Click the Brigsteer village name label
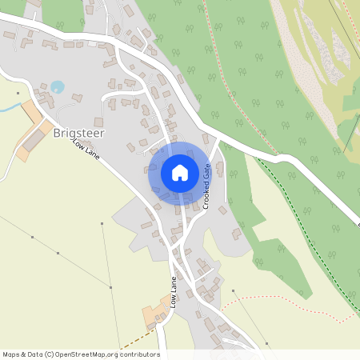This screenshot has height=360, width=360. (x=79, y=134)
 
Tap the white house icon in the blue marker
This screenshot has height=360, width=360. (x=180, y=173)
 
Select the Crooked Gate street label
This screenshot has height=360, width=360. (x=206, y=186)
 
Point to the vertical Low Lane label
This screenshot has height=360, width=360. (x=172, y=293)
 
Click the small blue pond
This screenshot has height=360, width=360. (x=57, y=86)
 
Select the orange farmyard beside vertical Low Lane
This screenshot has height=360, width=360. (x=152, y=315)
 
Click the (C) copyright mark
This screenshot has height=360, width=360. (x=49, y=354)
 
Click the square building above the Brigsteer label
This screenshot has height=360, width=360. (x=78, y=98)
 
